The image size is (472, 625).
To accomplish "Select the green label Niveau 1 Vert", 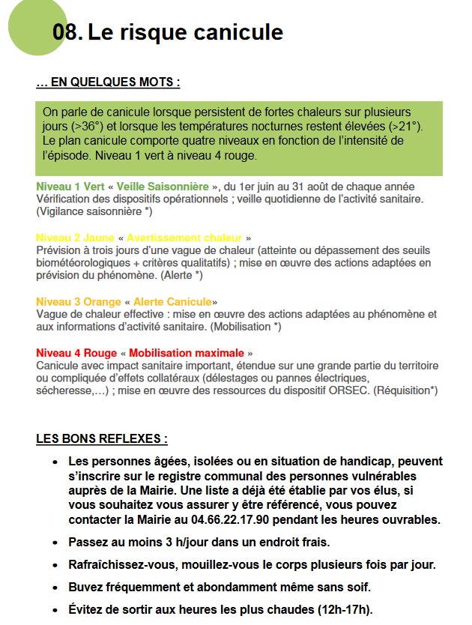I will click(70, 186).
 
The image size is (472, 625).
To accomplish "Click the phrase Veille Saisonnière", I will click(163, 186).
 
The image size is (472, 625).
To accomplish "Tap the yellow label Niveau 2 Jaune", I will click(75, 238).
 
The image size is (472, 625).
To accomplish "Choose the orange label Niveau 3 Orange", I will click(79, 301).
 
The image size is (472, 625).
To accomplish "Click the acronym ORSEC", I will click(347, 390).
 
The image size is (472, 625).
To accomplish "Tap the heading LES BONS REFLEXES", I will click(101, 439).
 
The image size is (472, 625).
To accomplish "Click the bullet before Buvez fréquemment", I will click(55, 588).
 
